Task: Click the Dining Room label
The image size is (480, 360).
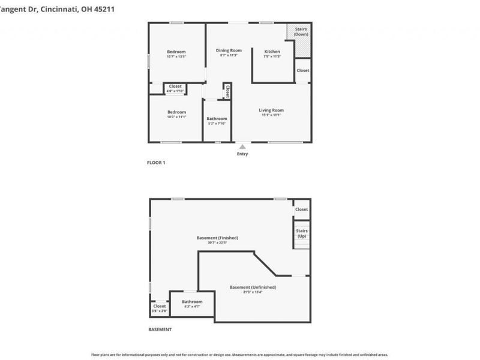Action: [229, 50]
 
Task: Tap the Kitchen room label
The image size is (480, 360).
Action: [272, 52]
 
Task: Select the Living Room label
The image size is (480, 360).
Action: [271, 110]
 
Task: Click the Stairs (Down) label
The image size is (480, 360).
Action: [301, 31]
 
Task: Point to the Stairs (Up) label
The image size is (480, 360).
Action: [302, 233]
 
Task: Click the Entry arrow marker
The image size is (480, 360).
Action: [242, 146]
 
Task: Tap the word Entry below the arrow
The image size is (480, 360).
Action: [242, 154]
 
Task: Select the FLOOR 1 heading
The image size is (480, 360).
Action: [156, 163]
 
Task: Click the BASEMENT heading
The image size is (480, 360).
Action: [160, 329]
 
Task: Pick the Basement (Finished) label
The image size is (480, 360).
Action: [217, 238]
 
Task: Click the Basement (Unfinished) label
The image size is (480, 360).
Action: [253, 287]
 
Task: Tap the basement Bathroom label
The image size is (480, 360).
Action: [192, 301]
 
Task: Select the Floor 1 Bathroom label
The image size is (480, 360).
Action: [217, 119]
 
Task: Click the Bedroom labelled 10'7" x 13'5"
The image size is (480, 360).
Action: [176, 52]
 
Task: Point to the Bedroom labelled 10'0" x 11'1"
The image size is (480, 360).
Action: [176, 112]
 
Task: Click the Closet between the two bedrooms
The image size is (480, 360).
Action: [175, 86]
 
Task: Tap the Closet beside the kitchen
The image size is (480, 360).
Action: [303, 70]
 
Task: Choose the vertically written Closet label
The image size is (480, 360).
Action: [228, 91]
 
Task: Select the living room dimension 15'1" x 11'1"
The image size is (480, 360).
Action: [271, 115]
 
